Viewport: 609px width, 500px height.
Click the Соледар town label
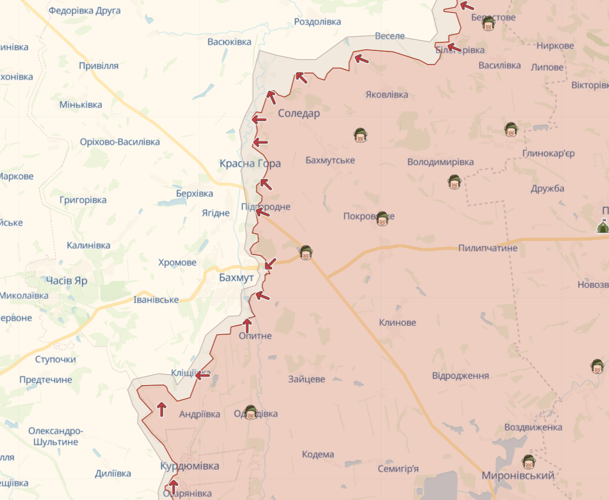(299, 114)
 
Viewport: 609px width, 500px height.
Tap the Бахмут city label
(237, 278)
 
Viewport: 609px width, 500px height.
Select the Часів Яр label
(67, 281)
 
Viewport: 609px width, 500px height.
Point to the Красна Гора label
(250, 163)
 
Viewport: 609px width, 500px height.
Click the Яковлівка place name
(387, 94)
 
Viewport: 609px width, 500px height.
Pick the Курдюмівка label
(190, 466)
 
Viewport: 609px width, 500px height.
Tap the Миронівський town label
(518, 476)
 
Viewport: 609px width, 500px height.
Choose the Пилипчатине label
(488, 248)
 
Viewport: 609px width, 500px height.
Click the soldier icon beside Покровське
(382, 218)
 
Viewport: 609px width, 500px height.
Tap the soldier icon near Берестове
(488, 23)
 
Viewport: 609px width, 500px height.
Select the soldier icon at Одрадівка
(251, 412)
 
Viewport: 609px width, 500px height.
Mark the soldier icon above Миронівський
(529, 462)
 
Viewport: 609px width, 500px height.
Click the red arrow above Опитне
(247, 325)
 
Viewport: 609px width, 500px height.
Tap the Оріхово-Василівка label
(120, 142)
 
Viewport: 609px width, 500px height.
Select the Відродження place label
(460, 376)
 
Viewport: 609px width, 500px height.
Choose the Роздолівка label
(318, 22)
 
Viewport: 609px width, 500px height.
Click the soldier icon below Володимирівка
(454, 182)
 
